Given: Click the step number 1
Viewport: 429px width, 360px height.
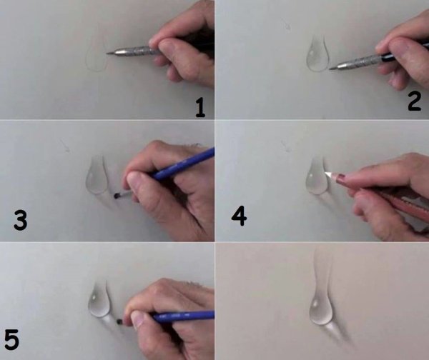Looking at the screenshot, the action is pos(200,109).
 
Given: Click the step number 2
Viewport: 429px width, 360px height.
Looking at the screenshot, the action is pos(414,101).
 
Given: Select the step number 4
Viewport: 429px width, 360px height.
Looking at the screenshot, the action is pos(239,216).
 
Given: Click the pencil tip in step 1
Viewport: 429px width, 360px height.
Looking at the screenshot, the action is pos(107,53).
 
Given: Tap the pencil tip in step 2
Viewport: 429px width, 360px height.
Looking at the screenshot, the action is pos(330,69).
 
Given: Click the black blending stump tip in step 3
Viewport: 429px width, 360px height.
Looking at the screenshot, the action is pos(117,196).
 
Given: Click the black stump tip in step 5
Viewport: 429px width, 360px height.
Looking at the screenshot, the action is pos(119,321).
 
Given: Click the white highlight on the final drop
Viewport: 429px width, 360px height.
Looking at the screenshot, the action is pos(316,304).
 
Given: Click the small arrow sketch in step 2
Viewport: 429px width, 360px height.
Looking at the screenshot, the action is pos(287,25).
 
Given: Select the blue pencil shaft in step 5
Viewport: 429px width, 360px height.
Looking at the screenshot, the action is pos(183,316).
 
